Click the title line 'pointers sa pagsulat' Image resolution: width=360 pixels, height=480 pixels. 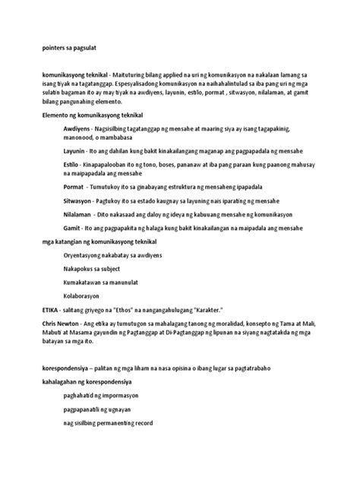tap(69, 46)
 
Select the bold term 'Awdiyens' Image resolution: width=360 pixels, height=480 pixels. tap(77, 131)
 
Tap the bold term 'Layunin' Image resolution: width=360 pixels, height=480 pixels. tap(75, 152)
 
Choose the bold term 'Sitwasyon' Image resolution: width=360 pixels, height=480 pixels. tap(79, 201)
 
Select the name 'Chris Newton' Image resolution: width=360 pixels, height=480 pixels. tap(66, 324)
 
